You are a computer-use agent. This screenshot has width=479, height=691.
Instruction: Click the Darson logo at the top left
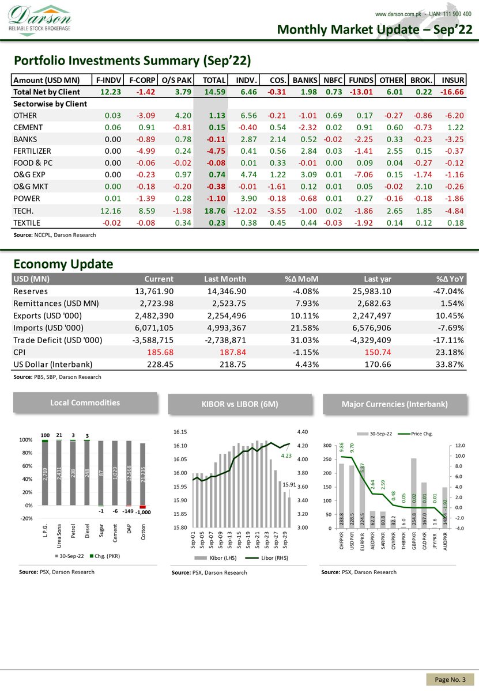tap(40, 19)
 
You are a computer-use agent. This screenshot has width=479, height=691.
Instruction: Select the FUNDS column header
tap(360, 80)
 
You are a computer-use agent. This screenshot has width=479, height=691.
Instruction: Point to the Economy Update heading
tap(63, 264)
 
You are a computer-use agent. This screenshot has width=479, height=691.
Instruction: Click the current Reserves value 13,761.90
tap(153, 291)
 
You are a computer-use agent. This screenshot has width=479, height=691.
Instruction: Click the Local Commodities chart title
tap(85, 403)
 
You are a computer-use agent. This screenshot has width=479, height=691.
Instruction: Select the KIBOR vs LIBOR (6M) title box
tap(240, 404)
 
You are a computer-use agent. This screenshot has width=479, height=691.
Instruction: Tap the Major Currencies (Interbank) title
tap(394, 404)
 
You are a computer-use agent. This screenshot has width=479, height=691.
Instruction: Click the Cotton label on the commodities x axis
tap(143, 533)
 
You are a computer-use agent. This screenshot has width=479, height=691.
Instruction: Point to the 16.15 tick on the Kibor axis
tap(181, 431)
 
